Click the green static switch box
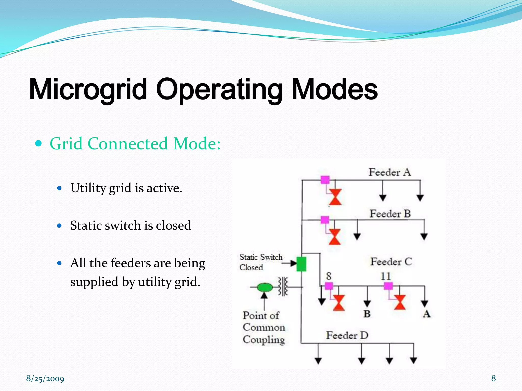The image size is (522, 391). point(302,264)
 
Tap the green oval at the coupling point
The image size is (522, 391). point(265,287)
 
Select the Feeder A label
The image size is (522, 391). point(389,172)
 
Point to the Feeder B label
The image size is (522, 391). point(390,214)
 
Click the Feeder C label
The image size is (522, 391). point(391,262)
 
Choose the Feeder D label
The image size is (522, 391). point(347,335)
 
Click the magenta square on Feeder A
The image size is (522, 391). point(325,180)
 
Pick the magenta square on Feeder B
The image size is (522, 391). point(325,220)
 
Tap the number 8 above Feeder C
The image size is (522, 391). point(329,276)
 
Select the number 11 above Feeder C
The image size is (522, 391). point(386,276)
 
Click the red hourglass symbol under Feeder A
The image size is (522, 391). point(335,197)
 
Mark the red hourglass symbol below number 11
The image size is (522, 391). point(400,302)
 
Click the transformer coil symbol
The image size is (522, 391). point(283,287)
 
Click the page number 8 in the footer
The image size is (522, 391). point(493,378)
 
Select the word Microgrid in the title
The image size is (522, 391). point(88,89)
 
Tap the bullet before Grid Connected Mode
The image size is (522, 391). point(38,144)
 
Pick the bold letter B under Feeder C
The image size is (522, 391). point(367,314)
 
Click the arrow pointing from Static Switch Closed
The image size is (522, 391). point(290,263)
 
